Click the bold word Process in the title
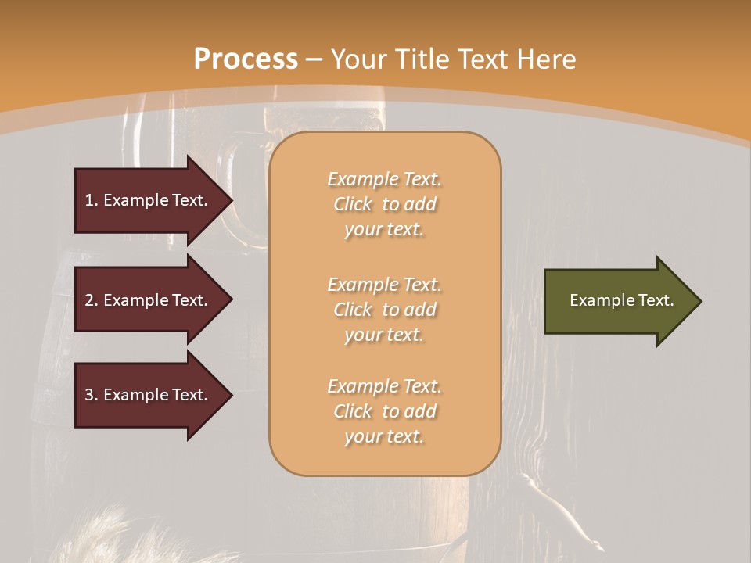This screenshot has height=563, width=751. tap(246, 59)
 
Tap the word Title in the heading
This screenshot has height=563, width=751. tap(421, 59)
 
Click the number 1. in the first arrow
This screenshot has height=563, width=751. tap(92, 200)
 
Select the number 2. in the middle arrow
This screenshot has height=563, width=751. tap(92, 300)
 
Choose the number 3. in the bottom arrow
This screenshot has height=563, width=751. tap(92, 395)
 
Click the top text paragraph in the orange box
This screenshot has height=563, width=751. tap(384, 204)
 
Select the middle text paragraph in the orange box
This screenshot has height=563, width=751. tap(384, 309)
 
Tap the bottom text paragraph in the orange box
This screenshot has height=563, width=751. tap(384, 411)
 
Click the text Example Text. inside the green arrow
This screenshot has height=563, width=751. tap(621, 300)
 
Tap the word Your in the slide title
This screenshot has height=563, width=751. tap(358, 59)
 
